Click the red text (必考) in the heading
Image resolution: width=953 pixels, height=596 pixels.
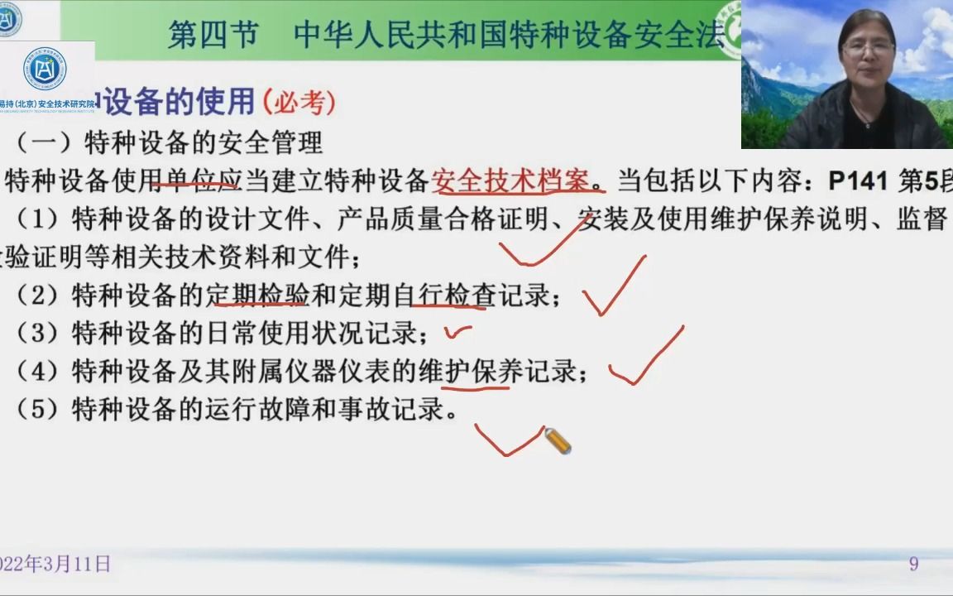coord(299,103)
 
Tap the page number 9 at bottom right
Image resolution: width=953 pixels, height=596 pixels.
coord(913,564)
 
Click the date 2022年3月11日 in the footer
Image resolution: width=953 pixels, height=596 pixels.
coord(54,565)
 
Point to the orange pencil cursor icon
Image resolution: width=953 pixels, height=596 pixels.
coord(558,441)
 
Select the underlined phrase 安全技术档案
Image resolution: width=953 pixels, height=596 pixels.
coord(513,180)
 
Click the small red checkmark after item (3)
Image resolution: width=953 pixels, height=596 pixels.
coord(457,333)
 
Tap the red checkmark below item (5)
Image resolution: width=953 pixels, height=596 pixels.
coord(507,440)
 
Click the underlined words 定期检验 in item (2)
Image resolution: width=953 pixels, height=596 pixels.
coord(257,295)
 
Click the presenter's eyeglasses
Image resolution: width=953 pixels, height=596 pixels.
coord(866,47)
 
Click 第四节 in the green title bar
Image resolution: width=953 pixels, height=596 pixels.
coord(213,35)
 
